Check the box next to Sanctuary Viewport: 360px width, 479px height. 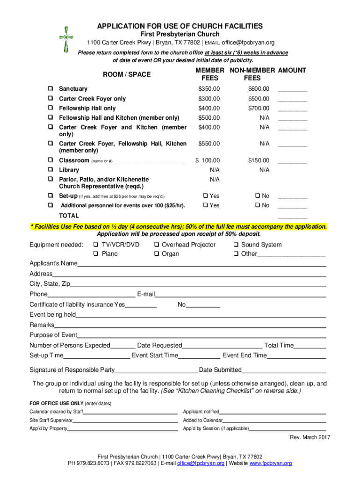[50, 89]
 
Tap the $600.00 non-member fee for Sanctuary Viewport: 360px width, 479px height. [259, 89]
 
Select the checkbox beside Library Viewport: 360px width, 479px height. [50, 170]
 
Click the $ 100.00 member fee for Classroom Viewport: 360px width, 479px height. [208, 160]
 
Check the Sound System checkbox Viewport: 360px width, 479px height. [237, 245]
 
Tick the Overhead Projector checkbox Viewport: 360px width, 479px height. [157, 245]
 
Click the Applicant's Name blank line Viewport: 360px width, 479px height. [201, 265]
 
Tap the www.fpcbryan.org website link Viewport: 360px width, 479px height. [271, 464]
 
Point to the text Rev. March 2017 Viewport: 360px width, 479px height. [310, 437]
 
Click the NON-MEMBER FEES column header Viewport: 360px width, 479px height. [252, 74]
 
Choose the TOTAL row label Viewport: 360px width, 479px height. [69, 216]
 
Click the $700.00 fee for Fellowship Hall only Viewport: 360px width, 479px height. [259, 109]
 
